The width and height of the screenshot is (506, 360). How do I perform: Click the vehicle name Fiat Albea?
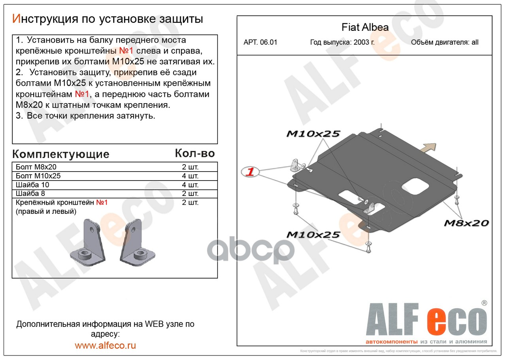[x=365, y=28]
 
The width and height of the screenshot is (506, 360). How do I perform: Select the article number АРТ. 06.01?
[x=260, y=43]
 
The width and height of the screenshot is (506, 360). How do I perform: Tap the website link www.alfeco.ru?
[x=105, y=345]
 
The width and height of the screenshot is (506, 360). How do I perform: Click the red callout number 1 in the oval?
[x=250, y=172]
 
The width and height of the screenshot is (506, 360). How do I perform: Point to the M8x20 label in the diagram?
[x=466, y=223]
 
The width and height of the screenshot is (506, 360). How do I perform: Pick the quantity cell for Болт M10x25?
[x=190, y=176]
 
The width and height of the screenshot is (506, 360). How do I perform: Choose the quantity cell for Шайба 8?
[x=190, y=194]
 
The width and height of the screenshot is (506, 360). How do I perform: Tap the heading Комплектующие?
[x=60, y=154]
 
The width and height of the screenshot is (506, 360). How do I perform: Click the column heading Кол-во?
[x=194, y=153]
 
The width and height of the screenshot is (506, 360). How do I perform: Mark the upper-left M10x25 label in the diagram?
[x=313, y=134]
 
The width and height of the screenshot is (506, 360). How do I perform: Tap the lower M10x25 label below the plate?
[x=313, y=235]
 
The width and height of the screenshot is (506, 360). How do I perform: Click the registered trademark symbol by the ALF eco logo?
[x=484, y=303]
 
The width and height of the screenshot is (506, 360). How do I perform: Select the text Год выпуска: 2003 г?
[x=342, y=43]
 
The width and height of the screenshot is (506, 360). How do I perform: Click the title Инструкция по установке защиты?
[x=108, y=19]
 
